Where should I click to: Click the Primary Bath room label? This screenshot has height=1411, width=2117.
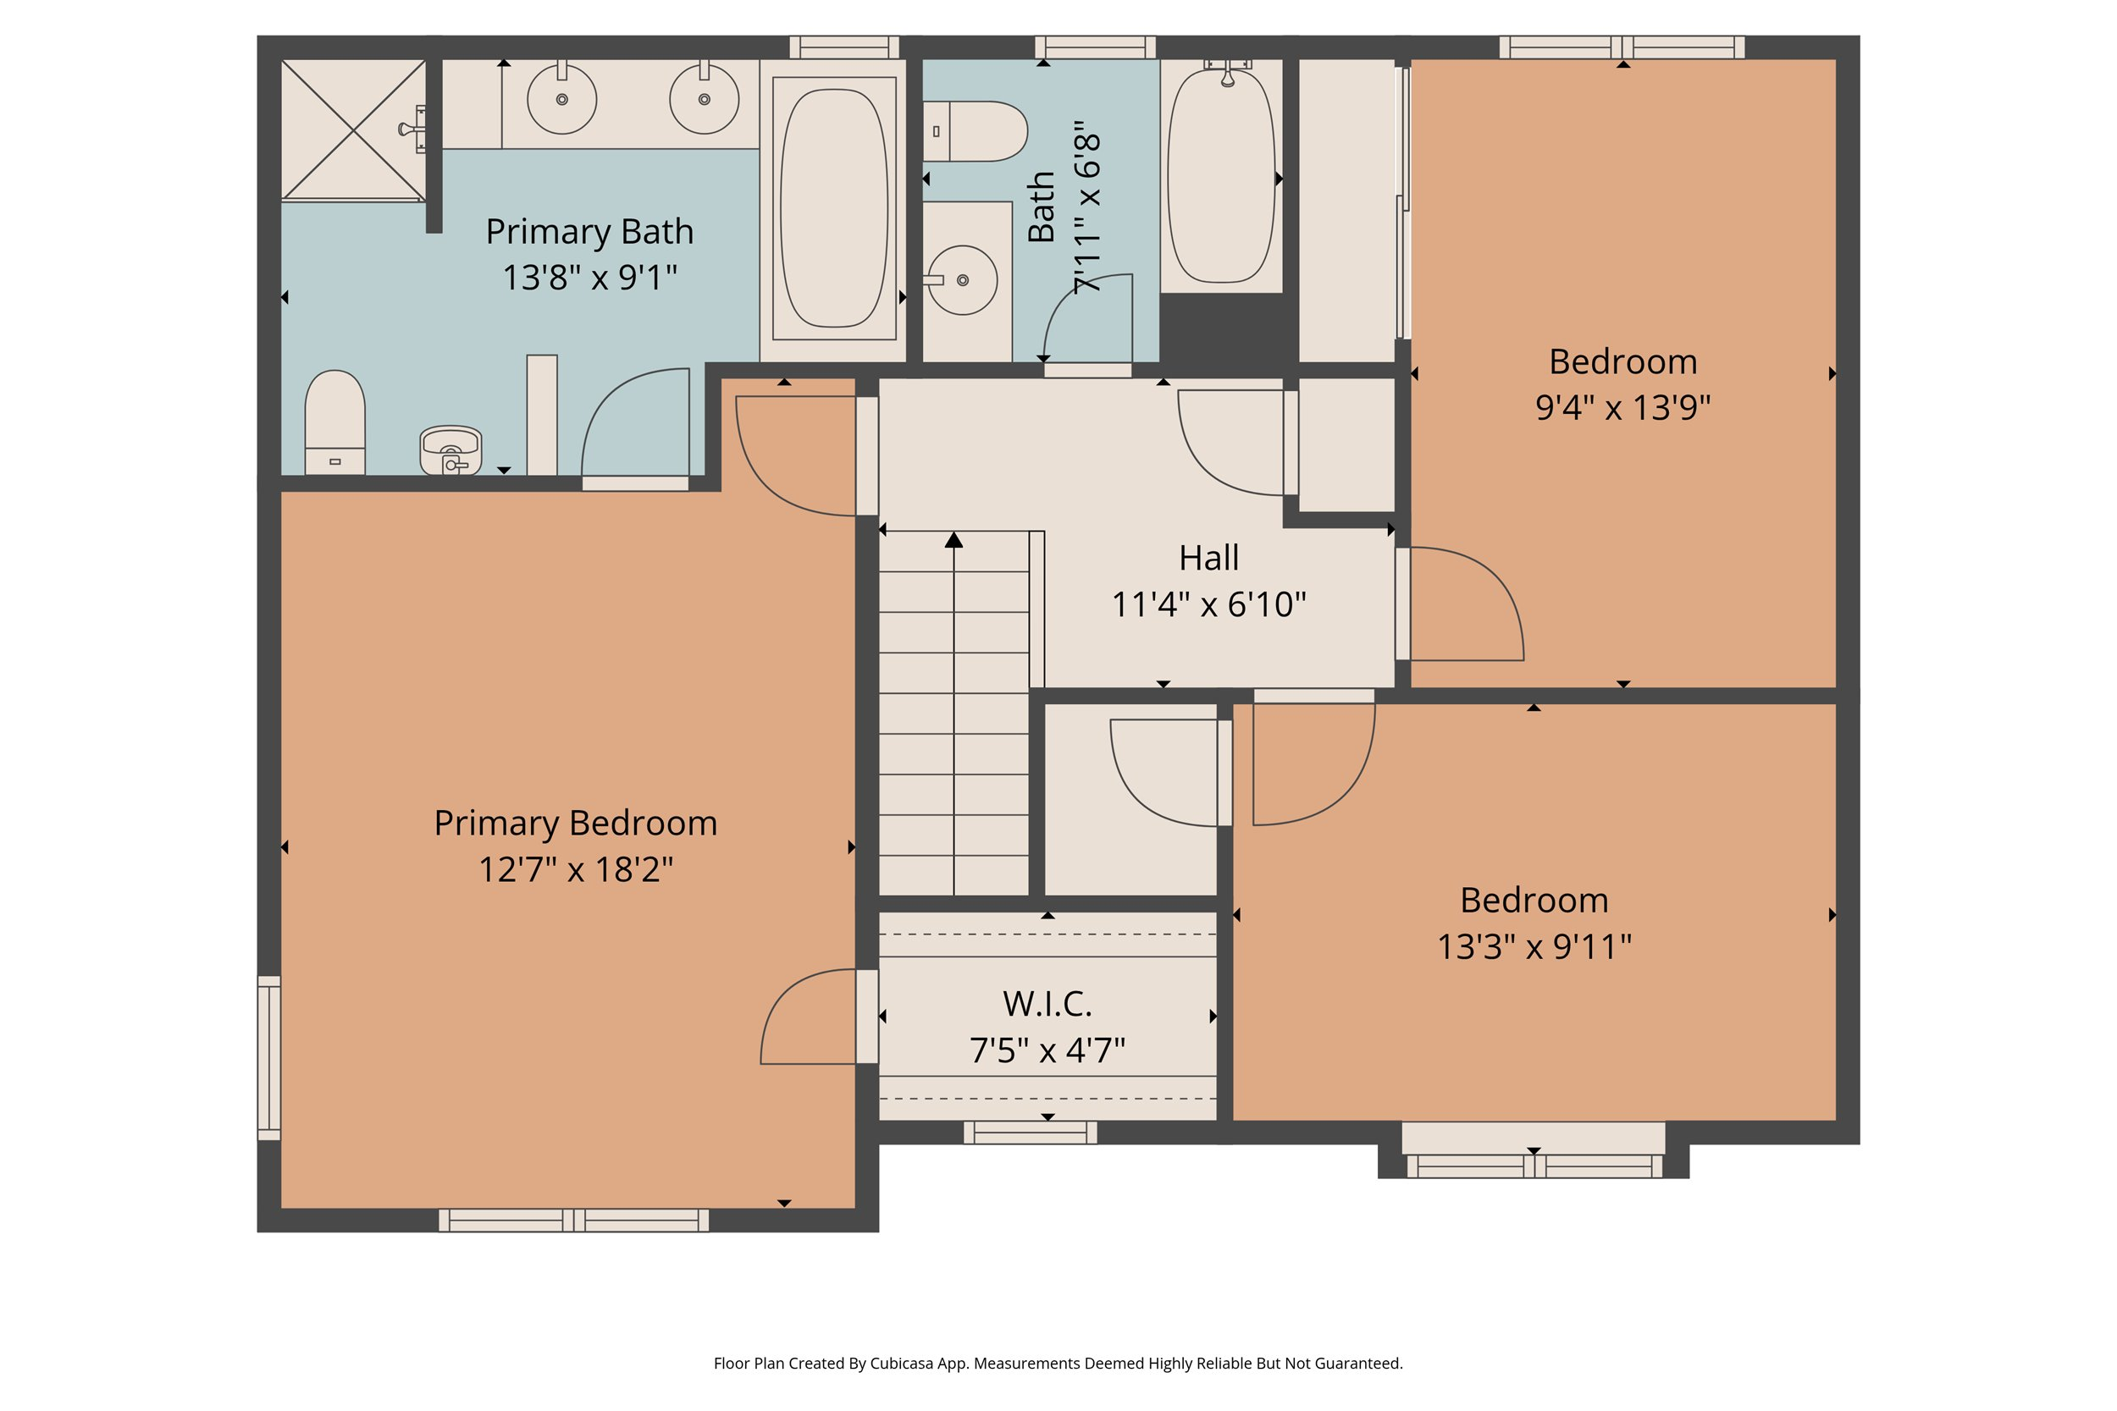point(589,231)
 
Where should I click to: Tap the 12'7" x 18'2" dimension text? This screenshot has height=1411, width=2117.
point(575,869)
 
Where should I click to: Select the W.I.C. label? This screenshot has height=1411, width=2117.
point(1047,1003)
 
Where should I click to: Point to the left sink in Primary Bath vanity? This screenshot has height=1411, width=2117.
point(561,99)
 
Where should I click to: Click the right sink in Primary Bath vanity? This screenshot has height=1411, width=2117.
point(704,99)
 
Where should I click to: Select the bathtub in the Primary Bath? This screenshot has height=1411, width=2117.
point(833,208)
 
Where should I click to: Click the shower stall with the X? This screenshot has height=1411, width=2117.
point(353,130)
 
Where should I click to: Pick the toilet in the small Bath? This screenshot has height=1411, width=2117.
point(976,131)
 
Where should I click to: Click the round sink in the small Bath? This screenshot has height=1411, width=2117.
point(962,280)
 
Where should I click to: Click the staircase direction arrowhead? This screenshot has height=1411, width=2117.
point(954,540)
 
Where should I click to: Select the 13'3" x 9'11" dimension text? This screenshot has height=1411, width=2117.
point(1534,946)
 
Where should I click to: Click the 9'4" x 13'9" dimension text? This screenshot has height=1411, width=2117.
point(1622,408)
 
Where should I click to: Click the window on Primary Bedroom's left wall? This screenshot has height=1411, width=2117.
point(269,1057)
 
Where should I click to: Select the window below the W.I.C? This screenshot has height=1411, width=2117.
point(1030,1132)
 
